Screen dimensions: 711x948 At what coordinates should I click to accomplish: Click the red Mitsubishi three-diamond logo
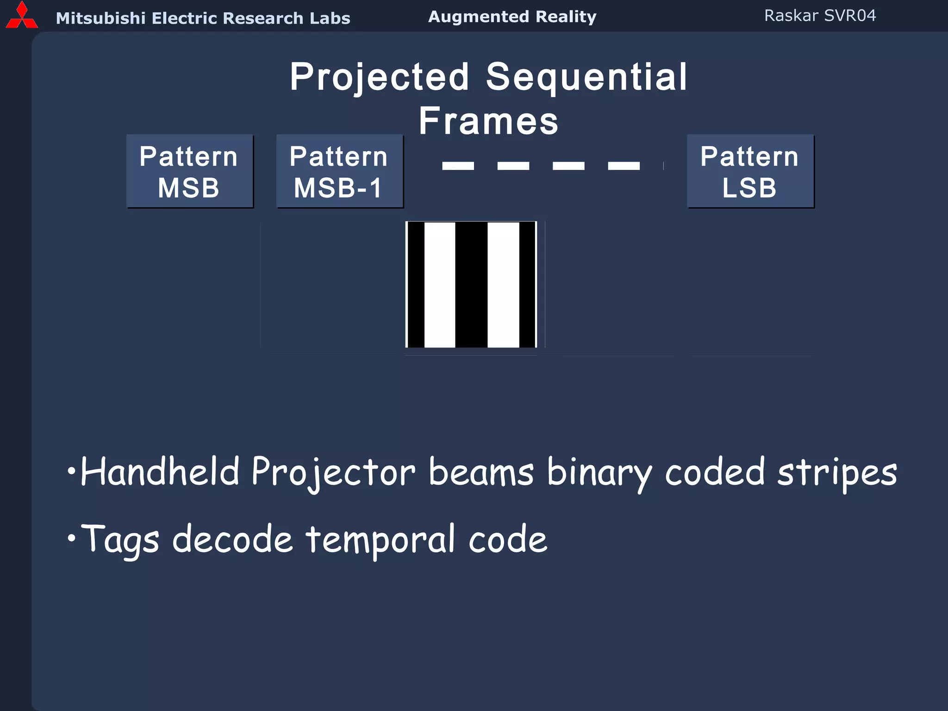pos(22,16)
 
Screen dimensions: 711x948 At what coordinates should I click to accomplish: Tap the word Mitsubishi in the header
pos(100,18)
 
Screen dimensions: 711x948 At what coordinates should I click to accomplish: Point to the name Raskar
pos(791,16)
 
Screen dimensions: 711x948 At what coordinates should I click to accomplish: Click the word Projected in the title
pos(380,77)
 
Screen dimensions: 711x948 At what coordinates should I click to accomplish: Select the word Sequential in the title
pos(586,77)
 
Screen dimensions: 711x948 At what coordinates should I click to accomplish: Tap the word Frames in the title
pos(488,121)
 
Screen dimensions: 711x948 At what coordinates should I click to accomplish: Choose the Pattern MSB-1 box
pos(339,171)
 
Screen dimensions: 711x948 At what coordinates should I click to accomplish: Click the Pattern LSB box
pos(750,171)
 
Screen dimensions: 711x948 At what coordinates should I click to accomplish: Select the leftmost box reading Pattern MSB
pos(190,171)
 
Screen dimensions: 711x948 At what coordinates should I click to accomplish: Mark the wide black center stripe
pos(471,284)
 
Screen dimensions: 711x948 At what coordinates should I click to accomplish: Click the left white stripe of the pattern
pos(440,284)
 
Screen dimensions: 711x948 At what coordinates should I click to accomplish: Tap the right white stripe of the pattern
pos(503,284)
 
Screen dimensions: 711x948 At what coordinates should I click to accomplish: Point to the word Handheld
pos(160,472)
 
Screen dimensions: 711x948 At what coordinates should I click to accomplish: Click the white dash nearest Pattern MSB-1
pos(458,166)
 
